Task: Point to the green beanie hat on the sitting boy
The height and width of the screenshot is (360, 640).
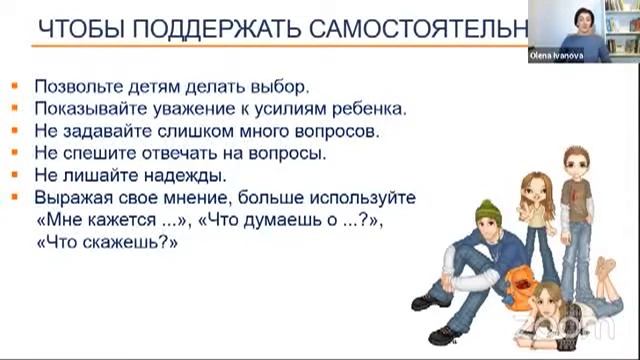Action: (488, 211)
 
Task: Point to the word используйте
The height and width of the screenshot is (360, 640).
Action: (365, 197)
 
